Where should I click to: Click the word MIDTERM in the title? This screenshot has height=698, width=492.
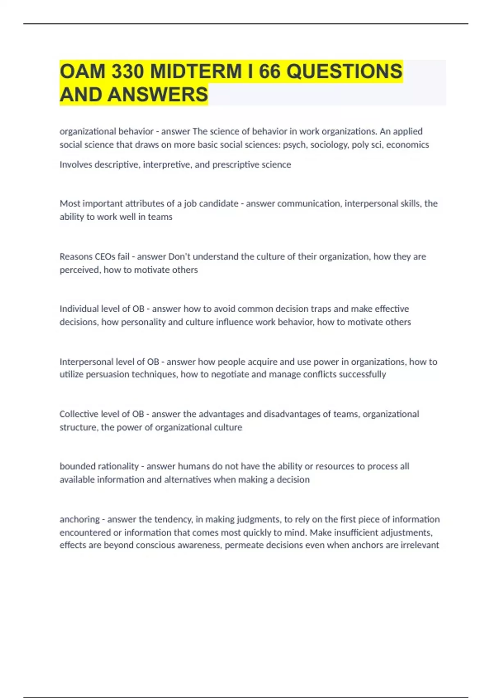point(196,71)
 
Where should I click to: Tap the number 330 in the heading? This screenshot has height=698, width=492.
point(128,71)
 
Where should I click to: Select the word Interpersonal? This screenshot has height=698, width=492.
point(86,362)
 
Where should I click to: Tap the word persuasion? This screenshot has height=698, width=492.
point(107,374)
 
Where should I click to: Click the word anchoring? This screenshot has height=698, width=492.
point(80,519)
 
